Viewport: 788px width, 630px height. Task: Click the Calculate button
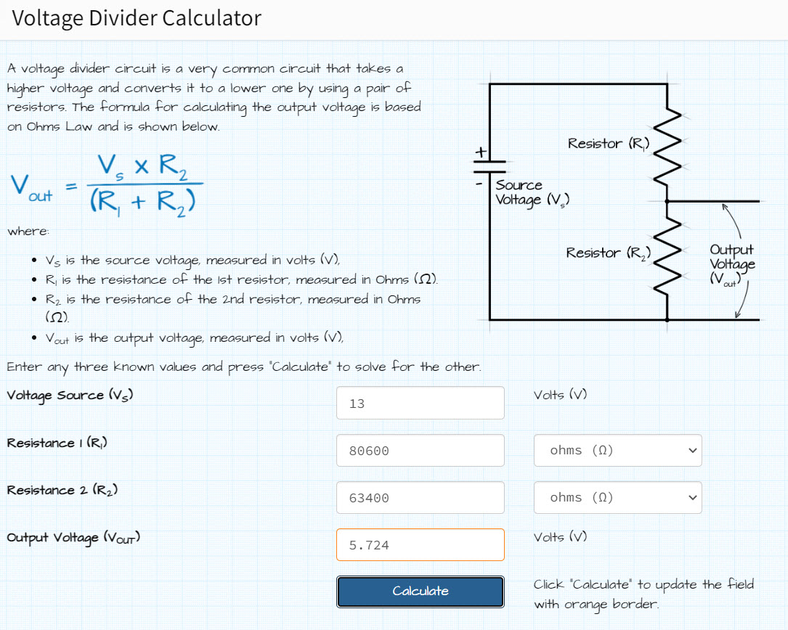pos(420,592)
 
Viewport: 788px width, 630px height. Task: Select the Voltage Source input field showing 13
pos(420,403)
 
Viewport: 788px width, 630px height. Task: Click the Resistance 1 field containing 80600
pos(420,451)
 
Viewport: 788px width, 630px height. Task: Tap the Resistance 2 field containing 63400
pos(420,498)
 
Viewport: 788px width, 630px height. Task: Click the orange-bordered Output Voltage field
pos(420,544)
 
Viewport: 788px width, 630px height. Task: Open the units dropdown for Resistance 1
pos(617,450)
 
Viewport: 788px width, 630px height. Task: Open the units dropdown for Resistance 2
pos(617,497)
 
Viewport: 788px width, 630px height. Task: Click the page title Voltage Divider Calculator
pos(137,19)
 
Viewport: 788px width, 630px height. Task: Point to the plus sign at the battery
pos(481,152)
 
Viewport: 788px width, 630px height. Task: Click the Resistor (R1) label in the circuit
pos(609,144)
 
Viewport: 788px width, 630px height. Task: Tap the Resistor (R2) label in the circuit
pos(608,253)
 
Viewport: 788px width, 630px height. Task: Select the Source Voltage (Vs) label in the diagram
pos(532,193)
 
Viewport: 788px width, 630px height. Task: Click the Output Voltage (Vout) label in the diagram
pos(732,265)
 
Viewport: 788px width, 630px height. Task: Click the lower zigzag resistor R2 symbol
pos(667,255)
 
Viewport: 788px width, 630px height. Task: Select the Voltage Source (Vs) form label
pos(70,396)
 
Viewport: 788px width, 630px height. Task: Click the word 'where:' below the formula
pos(28,232)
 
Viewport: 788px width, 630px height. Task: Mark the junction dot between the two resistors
pos(667,202)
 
